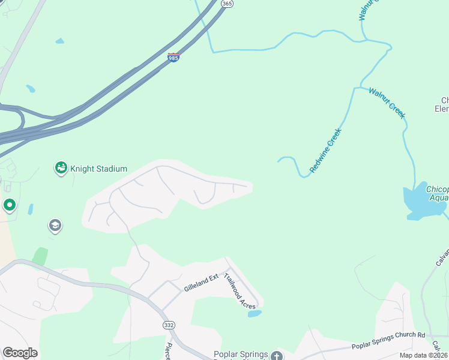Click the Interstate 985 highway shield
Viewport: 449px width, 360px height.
tap(173, 58)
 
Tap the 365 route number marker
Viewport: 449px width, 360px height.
tap(226, 4)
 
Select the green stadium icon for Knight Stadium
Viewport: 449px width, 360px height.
tap(61, 169)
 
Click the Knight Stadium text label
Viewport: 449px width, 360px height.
tap(98, 169)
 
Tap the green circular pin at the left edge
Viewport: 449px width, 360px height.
tap(9, 206)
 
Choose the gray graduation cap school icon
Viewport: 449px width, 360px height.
tap(55, 226)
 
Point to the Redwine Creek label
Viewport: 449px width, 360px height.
tap(325, 151)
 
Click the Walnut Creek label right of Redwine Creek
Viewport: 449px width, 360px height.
tap(387, 103)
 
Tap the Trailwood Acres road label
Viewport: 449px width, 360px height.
tap(240, 291)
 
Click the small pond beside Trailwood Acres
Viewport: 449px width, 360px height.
tap(255, 313)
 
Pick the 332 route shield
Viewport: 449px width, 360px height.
tap(169, 325)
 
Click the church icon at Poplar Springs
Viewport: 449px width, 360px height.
tap(276, 355)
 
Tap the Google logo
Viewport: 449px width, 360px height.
tap(20, 353)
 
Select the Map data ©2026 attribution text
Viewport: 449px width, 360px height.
tap(424, 356)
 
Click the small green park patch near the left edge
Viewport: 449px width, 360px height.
tap(40, 257)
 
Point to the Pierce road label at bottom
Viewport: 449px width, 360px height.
tap(169, 351)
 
